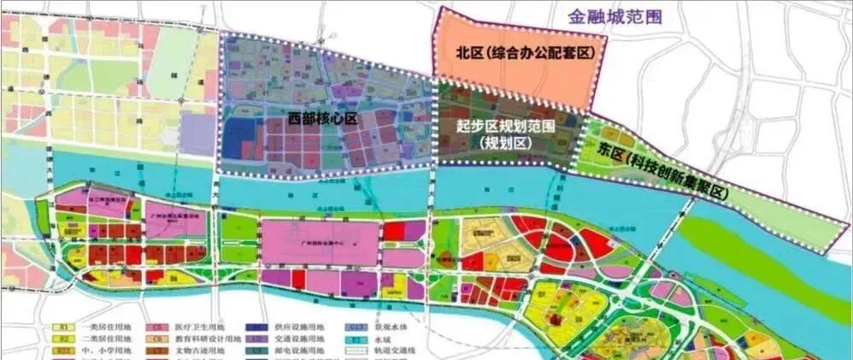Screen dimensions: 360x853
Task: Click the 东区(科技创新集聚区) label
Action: tap(676, 171)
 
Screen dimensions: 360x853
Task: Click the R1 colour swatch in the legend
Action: tap(62, 327)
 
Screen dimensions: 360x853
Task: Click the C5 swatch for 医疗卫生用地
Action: tap(157, 327)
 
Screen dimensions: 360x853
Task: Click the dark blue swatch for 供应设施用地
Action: tap(255, 327)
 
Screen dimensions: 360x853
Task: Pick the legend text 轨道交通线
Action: tap(390, 351)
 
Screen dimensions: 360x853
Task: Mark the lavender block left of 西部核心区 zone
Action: tap(197, 133)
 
